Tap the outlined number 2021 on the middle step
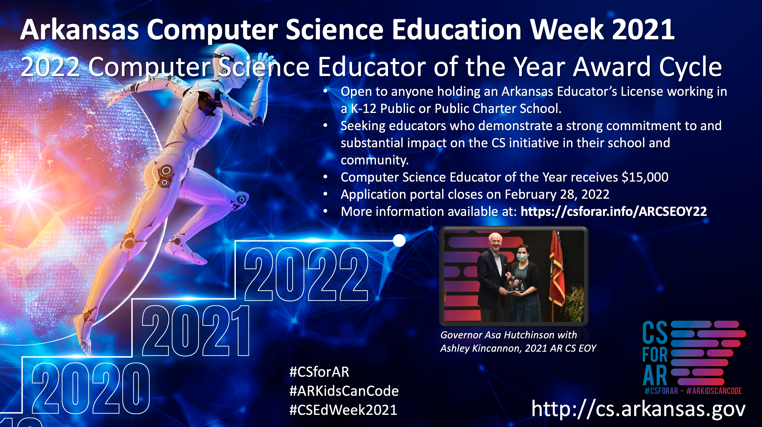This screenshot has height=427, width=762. click(196, 330)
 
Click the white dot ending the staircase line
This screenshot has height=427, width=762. click(399, 240)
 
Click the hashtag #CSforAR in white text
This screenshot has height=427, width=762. click(319, 372)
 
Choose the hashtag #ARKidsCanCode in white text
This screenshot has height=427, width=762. click(344, 391)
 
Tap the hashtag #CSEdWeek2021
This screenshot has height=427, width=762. click(343, 410)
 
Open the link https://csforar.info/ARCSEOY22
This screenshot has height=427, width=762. click(614, 211)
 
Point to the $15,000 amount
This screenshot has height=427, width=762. click(645, 177)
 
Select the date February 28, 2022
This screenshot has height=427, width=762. click(557, 194)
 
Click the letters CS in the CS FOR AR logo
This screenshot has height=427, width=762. click(655, 333)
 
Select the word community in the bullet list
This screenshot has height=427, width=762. click(375, 160)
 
